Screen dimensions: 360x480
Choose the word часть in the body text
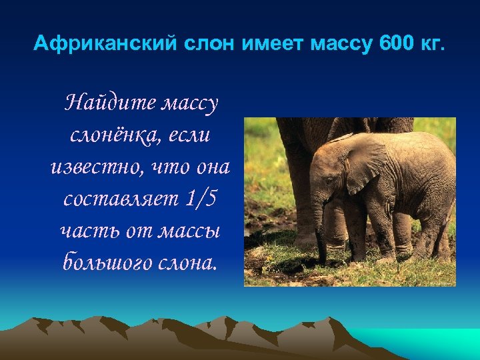83,230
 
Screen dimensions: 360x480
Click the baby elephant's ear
365,165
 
